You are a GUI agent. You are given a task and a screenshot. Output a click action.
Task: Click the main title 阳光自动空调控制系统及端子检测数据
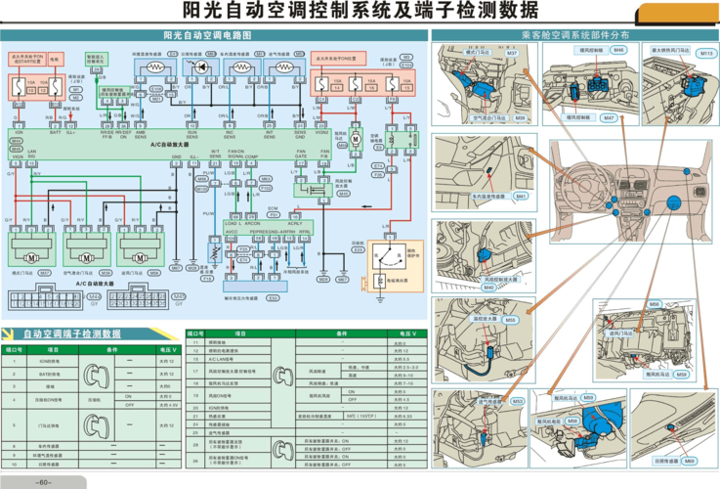tap(359, 12)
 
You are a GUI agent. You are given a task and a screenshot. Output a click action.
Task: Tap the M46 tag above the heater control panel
tap(618, 49)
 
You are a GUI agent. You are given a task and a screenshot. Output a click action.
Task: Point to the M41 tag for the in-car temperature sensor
tap(520, 196)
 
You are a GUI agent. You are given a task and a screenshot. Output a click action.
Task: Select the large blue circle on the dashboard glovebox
tap(673, 203)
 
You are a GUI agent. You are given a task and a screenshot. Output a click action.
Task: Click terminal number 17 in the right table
tap(195, 372)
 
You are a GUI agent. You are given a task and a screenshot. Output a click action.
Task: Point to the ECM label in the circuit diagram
tap(273, 208)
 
